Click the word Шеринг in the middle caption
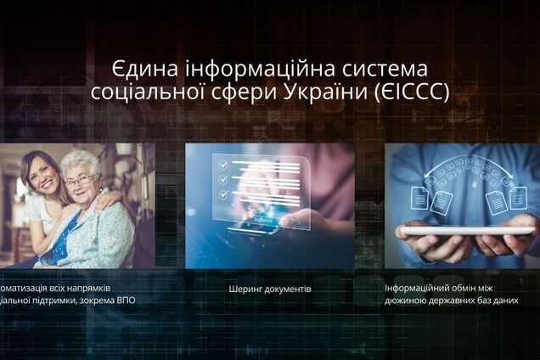pos(246,289)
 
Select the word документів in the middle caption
pos(288,289)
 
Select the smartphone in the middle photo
pos(253,228)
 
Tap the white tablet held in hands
pos(467,230)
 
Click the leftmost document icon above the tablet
pos(419,199)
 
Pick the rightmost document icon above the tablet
pos(518,198)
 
